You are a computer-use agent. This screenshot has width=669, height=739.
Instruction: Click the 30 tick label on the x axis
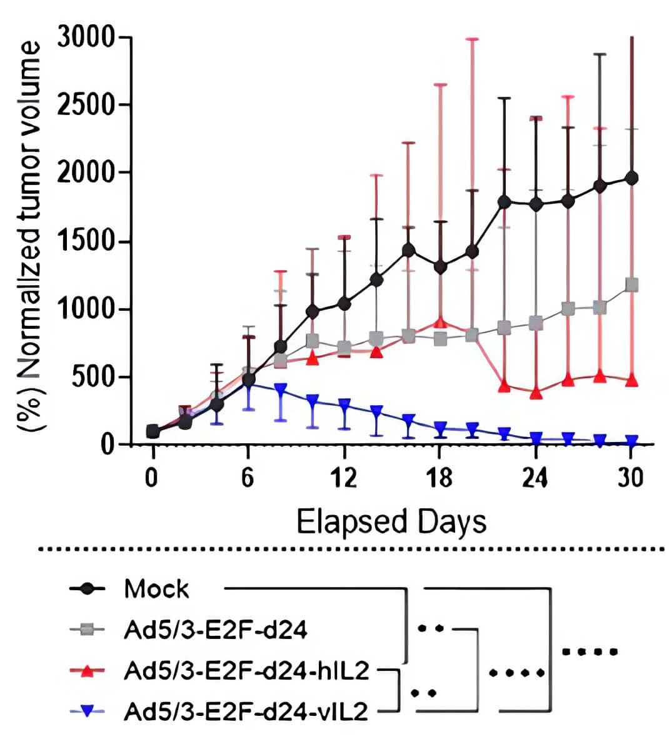click(x=631, y=478)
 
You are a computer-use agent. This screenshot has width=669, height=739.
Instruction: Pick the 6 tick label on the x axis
click(x=248, y=478)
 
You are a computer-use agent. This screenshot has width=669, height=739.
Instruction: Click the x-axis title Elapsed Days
click(x=391, y=521)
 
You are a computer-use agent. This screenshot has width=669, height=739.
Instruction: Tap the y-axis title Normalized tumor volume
click(x=30, y=238)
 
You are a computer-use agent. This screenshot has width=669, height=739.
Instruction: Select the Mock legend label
click(x=156, y=589)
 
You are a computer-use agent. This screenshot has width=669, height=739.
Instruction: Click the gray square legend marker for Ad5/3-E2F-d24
click(x=91, y=630)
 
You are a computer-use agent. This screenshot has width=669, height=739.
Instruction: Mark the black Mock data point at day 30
click(x=631, y=178)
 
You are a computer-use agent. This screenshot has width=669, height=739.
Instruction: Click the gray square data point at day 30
click(x=631, y=285)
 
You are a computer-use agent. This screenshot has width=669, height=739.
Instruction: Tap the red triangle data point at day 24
click(x=536, y=393)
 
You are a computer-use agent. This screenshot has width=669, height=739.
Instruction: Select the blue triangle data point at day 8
click(x=281, y=390)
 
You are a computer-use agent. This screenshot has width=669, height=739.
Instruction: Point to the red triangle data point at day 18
click(x=440, y=323)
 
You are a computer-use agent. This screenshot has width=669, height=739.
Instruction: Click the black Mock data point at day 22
click(x=504, y=202)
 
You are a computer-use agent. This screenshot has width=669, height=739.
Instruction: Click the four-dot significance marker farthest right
click(x=589, y=652)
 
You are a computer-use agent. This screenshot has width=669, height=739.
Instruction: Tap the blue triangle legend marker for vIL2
click(x=91, y=711)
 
